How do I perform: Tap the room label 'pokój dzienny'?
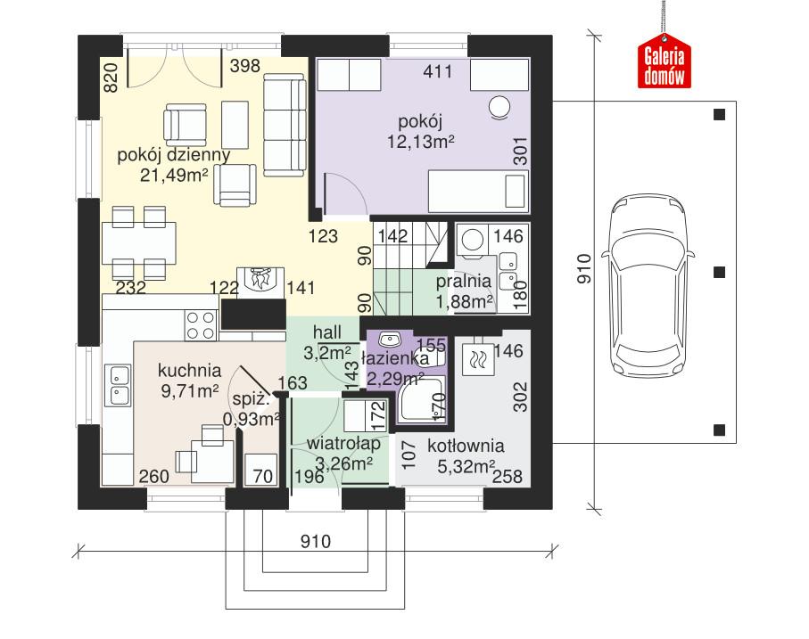pos(174,154)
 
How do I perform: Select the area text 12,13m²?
pos(422,140)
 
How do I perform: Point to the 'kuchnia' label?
pos(189,369)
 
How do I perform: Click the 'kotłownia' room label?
pos(465,446)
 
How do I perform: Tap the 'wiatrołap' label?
pos(344,443)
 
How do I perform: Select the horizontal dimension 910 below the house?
pos(314,541)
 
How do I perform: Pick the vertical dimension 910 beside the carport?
pos(585,268)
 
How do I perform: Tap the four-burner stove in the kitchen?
pos(201,325)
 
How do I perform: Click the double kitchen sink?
pos(118,385)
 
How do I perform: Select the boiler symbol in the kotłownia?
pos(476,360)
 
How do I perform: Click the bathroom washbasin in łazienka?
pos(389,340)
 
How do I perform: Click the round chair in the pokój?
pos(499,108)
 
